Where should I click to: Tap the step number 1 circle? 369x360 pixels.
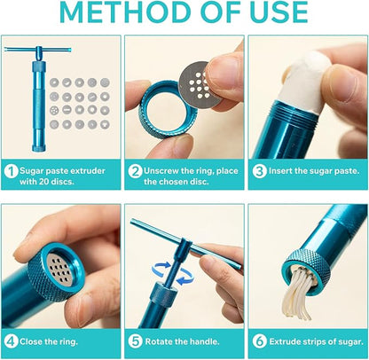click(x=12, y=171)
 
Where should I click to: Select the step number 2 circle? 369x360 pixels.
click(x=135, y=171)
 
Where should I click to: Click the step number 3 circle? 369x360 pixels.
click(x=259, y=171)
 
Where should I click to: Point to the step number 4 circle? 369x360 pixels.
click(x=12, y=341)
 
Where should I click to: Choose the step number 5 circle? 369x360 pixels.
click(x=135, y=341)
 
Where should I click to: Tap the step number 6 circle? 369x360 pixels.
click(x=259, y=341)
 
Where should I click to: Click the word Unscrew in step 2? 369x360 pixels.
click(x=161, y=171)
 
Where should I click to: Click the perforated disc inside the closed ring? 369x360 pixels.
click(x=60, y=270)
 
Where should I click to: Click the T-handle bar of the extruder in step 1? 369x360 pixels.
click(x=38, y=50)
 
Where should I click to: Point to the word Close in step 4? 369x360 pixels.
click(x=31, y=341)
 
